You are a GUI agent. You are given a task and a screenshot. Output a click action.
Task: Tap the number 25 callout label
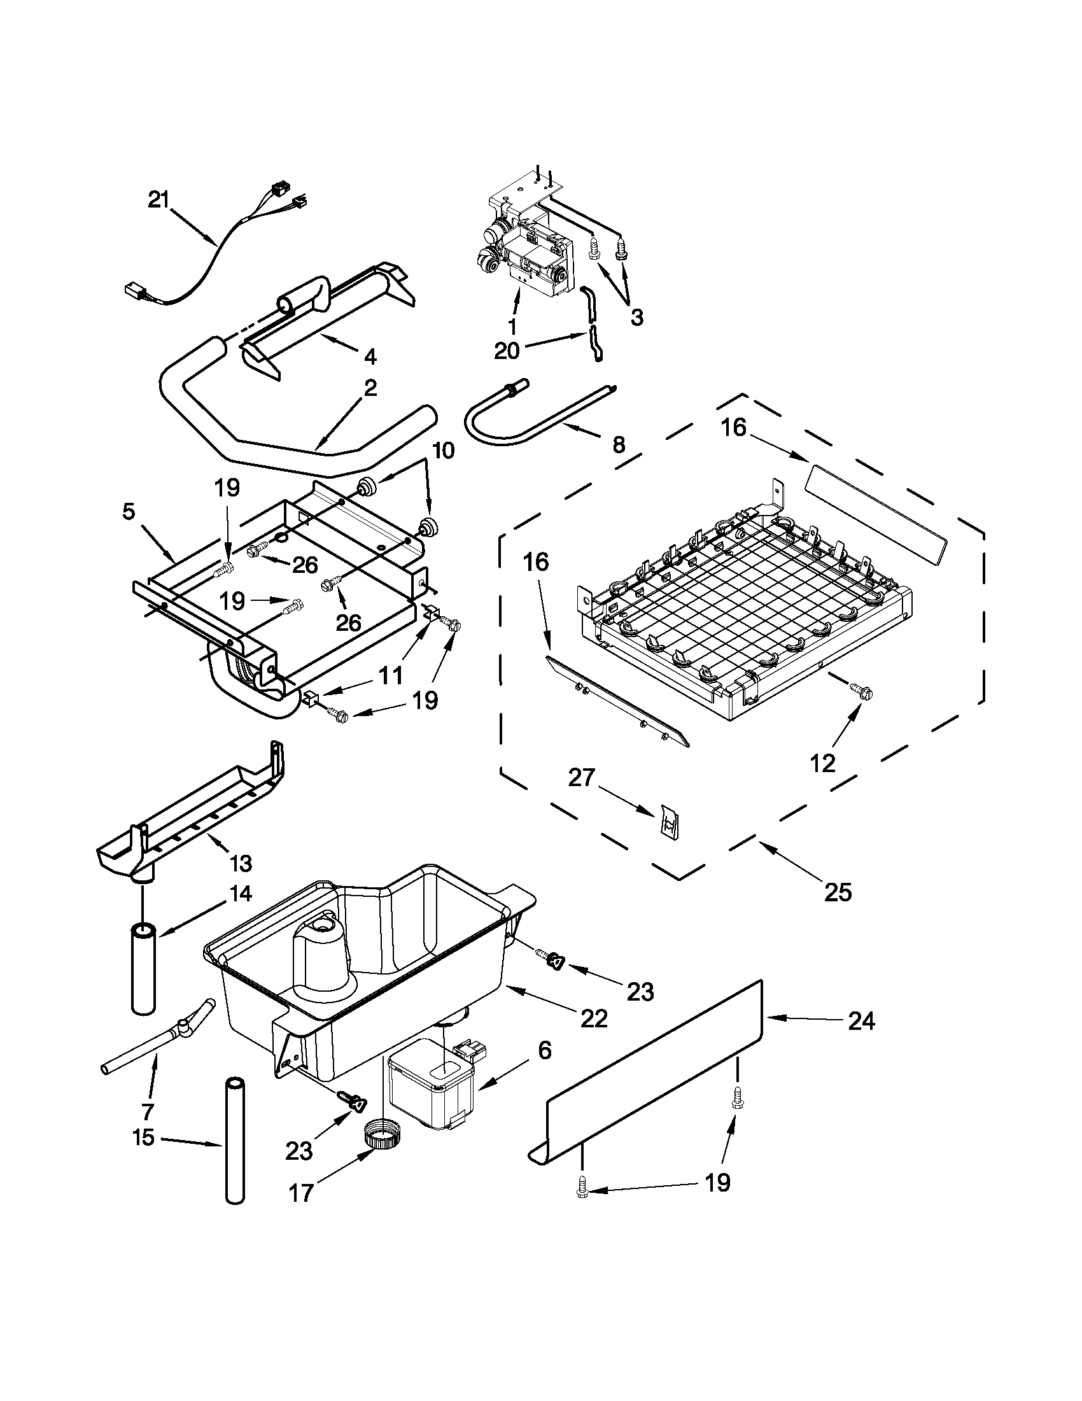tap(838, 892)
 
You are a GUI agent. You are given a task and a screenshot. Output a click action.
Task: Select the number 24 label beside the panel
tap(861, 1020)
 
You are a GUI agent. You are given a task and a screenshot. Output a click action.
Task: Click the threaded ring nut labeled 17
tap(383, 1143)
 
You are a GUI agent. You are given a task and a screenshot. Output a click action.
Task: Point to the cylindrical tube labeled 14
tap(143, 969)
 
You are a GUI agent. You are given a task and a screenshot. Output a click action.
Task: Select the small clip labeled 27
tap(668, 822)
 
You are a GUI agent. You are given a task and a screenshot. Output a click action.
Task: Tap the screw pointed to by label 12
tap(861, 691)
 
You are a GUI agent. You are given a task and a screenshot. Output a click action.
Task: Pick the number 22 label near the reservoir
tap(593, 1018)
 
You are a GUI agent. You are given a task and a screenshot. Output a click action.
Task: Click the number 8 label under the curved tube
tap(618, 444)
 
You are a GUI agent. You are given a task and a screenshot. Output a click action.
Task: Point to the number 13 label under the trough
tap(241, 862)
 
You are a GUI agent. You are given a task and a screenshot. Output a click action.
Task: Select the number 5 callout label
tap(129, 512)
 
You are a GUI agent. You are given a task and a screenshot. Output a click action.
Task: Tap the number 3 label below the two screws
tap(636, 317)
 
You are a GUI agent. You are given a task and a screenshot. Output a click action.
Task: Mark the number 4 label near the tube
tap(370, 356)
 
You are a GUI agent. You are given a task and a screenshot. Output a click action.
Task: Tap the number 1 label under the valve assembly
tap(511, 327)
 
